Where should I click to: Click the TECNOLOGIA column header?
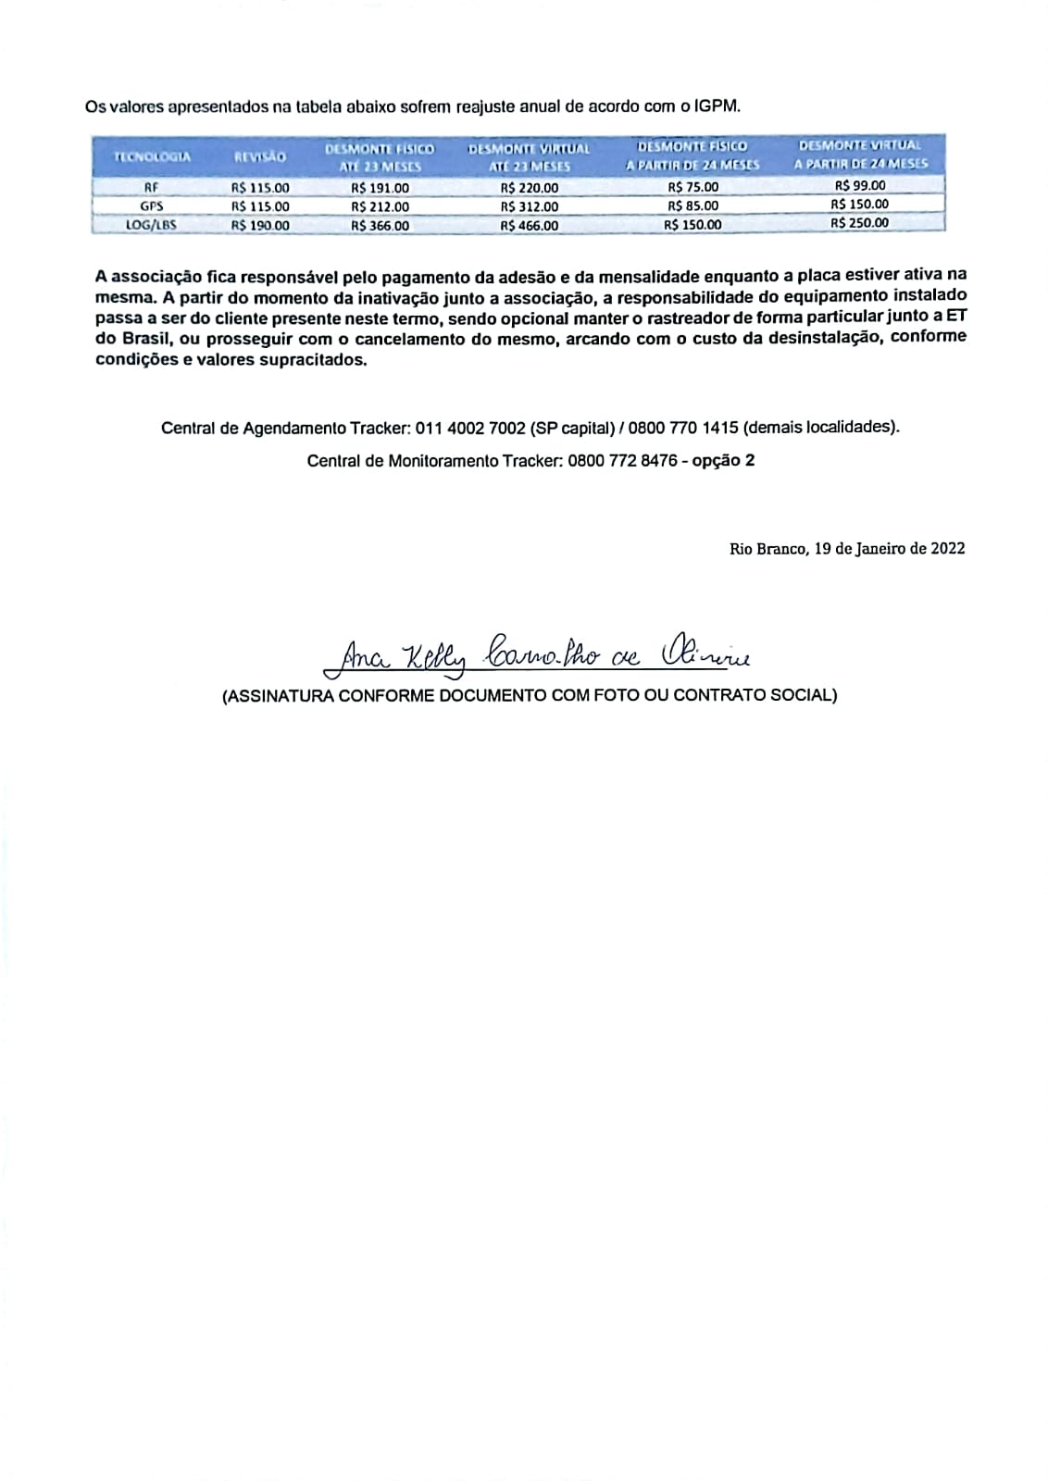point(152,156)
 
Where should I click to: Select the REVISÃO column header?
point(260,156)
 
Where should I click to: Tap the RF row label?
point(151,187)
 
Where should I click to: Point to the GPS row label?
point(151,205)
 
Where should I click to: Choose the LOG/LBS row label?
point(151,224)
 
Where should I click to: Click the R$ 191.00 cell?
point(380,187)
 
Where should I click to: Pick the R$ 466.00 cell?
point(529,225)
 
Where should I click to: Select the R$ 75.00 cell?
point(692,186)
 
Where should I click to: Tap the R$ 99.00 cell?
point(859,185)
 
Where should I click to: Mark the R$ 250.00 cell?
point(859,222)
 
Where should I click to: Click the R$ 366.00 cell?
point(380,225)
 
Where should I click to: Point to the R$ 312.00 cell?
point(529,206)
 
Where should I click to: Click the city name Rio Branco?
point(767,548)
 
